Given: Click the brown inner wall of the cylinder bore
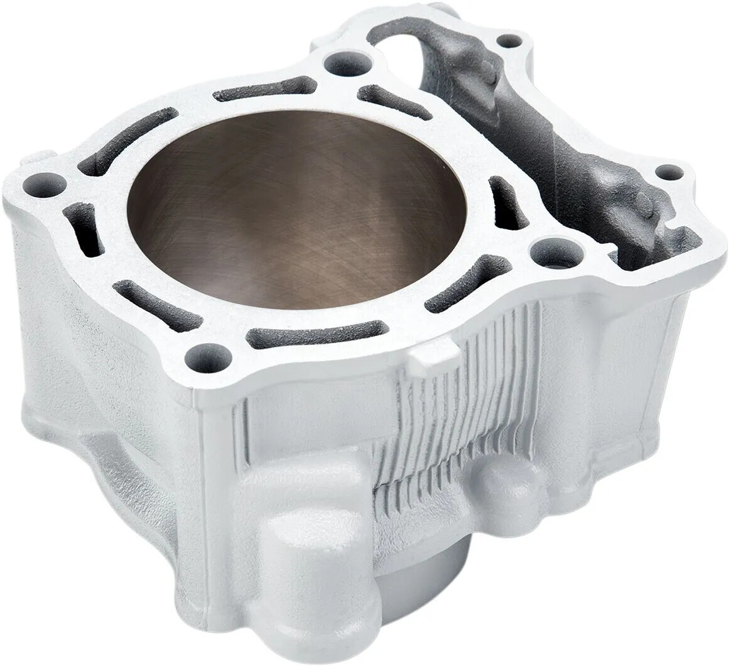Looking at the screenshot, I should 295,207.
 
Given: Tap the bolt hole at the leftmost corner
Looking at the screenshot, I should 46,186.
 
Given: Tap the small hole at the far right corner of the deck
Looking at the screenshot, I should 669,173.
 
